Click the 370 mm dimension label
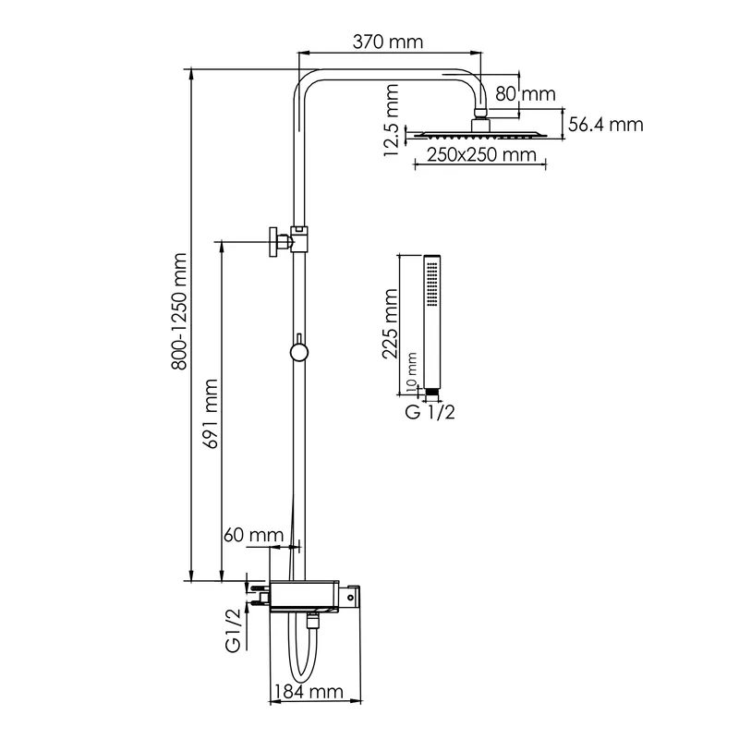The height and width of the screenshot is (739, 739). tap(388, 42)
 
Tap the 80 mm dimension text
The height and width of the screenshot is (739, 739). tap(525, 94)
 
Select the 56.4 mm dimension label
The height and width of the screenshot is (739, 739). tap(606, 125)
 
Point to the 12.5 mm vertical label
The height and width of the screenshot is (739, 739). tap(392, 120)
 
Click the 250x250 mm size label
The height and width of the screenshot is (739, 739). tap(481, 154)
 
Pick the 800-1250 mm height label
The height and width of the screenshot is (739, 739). tap(179, 311)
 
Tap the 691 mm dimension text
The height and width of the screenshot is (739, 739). tap(210, 413)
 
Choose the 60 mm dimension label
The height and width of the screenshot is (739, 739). tap(253, 535)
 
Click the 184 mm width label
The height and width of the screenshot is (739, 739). tap(309, 692)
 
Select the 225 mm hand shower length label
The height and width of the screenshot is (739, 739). tap(390, 324)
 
